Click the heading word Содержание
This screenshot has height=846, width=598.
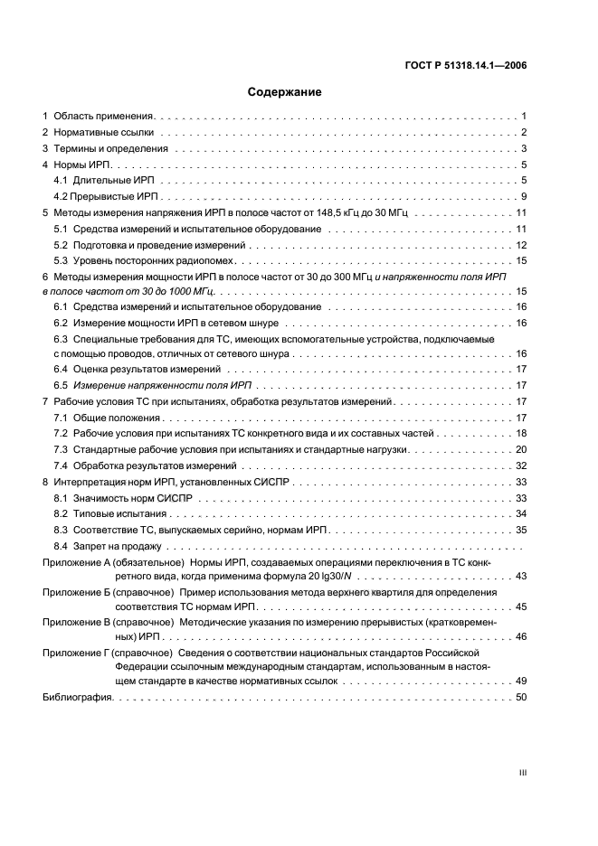pos(284,92)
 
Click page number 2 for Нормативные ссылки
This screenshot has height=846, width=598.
pos(524,133)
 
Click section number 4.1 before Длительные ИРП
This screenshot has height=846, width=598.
pos(61,181)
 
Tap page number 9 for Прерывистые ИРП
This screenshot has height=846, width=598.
pos(524,196)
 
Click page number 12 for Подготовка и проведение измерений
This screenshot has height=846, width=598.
pos(521,244)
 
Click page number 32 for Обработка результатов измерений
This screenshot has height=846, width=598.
pos(520,465)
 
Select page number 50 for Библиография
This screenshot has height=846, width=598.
pos(520,697)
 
